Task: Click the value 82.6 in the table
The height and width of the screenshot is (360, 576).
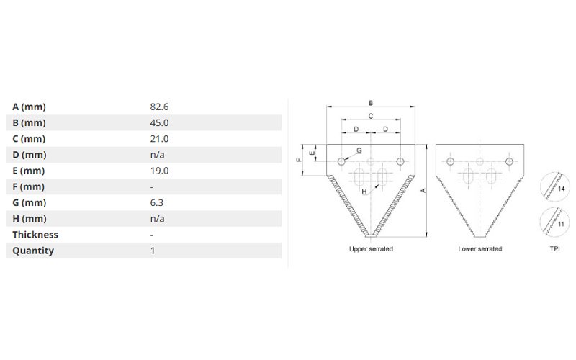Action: pos(159,107)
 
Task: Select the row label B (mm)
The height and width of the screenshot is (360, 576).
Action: pos(29,122)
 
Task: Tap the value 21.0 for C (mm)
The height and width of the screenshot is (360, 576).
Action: pos(159,139)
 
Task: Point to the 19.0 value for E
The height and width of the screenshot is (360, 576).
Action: pos(159,171)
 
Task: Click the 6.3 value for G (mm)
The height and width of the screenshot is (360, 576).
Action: pos(156,203)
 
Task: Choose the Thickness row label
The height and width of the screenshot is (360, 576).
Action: pos(35,235)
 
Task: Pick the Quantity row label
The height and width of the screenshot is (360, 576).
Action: pos(33,251)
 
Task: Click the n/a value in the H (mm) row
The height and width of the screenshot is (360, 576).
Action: pos(157,219)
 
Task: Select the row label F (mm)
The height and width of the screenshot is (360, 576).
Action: pos(28,186)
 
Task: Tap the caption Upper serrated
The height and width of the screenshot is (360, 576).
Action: pos(371,249)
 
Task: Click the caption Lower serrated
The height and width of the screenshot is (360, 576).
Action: pos(480,249)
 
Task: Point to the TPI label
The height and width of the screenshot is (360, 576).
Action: pos(554,249)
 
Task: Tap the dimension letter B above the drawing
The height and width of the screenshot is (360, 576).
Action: pos(371,103)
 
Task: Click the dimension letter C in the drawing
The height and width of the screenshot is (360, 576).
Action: pos(371,116)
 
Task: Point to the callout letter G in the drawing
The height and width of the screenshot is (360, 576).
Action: pos(359,150)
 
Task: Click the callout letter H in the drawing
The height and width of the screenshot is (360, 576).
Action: pos(364,192)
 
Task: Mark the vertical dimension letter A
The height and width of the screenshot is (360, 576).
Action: pos(423,191)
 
